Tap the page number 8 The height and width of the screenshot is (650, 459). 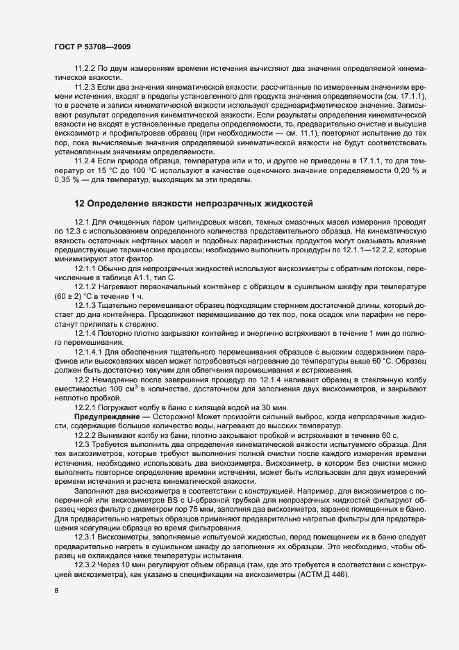coord(56,590)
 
